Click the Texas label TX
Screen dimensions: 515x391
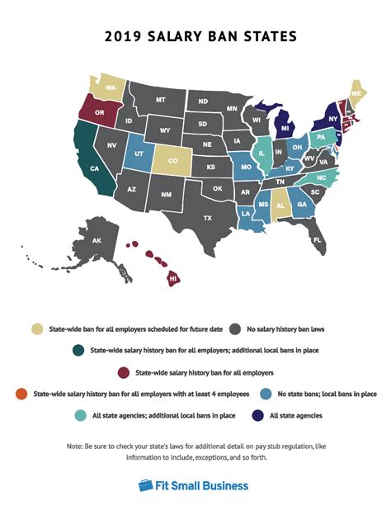tap(208, 218)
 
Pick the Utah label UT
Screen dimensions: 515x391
tap(139, 155)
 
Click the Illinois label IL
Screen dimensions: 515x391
tap(262, 153)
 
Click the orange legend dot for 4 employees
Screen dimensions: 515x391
tap(22, 394)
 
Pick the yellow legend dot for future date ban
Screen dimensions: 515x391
tap(35, 328)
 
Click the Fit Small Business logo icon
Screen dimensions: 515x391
tap(145, 485)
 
